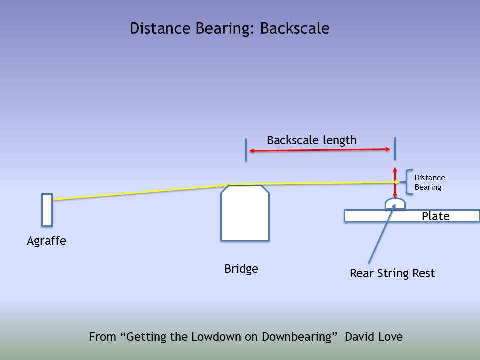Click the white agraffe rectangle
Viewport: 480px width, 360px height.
tap(47, 210)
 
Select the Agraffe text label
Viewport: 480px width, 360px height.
tap(46, 241)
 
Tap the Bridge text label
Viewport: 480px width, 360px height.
tap(241, 269)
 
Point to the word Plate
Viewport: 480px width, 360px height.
tap(436, 216)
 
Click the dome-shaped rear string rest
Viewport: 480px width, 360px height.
tap(395, 204)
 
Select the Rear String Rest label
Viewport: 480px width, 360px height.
tap(392, 274)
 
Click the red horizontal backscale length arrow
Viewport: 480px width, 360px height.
tap(320, 150)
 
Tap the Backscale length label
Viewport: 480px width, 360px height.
tap(312, 140)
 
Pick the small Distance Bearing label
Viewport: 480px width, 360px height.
tap(429, 183)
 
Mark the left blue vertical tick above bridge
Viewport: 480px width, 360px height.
tap(246, 150)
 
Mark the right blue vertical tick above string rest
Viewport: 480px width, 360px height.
tap(395, 148)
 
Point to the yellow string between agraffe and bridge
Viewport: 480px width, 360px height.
tap(140, 193)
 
